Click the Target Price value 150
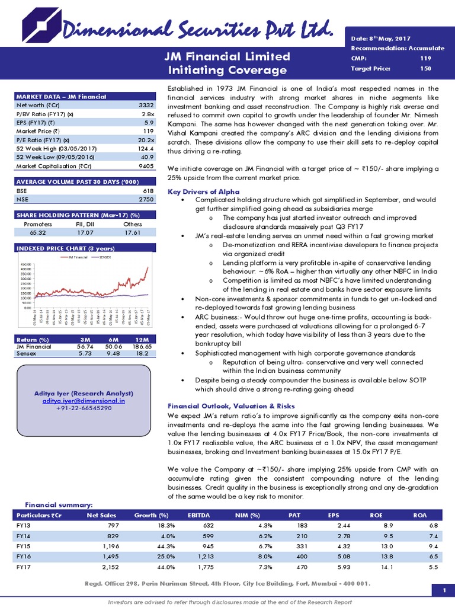[425, 69]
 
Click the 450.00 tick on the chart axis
[26, 264]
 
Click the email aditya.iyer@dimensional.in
[82, 401]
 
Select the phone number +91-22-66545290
[82, 408]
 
